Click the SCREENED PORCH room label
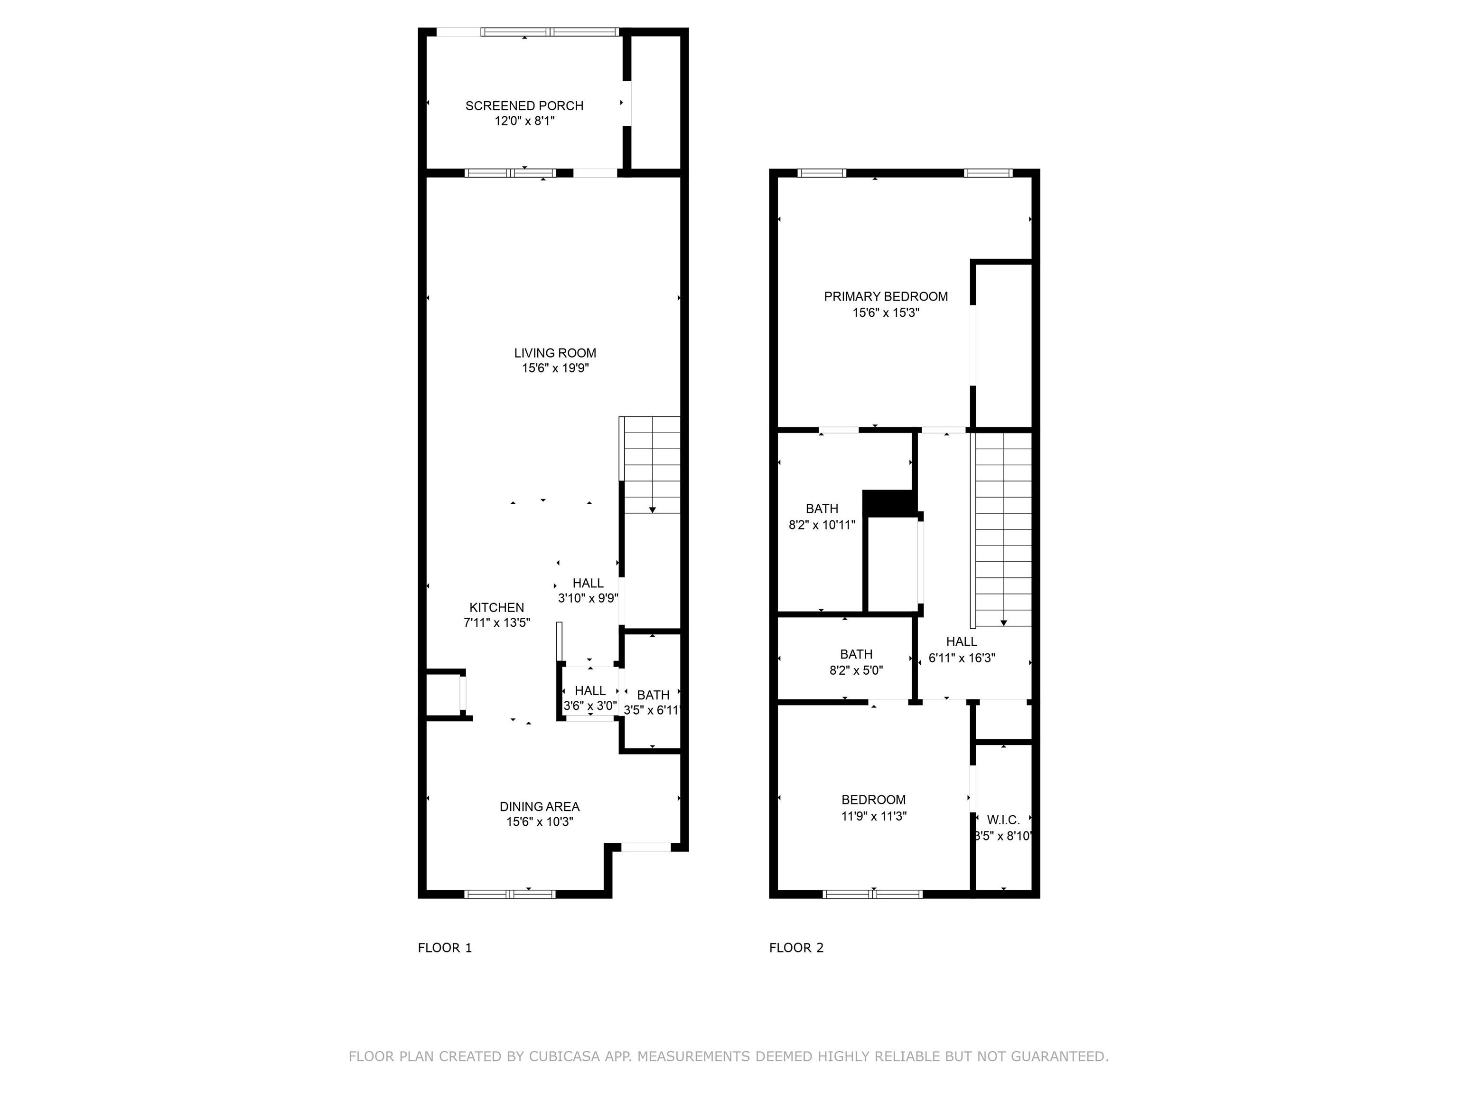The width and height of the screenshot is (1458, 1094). (524, 105)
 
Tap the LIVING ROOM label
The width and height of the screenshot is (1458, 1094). (555, 353)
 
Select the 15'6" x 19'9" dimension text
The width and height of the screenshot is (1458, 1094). (555, 368)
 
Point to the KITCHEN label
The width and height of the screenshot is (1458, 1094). (496, 607)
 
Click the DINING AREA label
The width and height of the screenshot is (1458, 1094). (539, 806)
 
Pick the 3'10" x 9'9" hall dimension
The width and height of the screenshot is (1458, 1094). (588, 599)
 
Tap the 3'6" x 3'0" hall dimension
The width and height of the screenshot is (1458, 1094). (590, 706)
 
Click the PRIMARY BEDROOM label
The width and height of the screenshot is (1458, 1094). (886, 297)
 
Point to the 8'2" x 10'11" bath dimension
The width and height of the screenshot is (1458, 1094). (822, 525)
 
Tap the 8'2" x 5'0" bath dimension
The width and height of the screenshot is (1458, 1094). (856, 670)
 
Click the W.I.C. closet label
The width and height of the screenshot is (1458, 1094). (1003, 820)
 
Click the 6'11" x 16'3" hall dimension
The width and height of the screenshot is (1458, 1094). (962, 658)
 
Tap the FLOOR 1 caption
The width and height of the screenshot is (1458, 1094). (445, 948)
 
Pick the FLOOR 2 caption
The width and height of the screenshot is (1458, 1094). (796, 948)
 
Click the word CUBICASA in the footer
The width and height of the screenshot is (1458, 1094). (564, 1056)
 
